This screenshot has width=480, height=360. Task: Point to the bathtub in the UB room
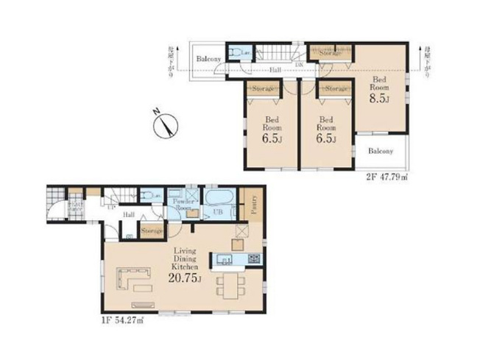219,199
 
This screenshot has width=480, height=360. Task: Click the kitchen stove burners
253,258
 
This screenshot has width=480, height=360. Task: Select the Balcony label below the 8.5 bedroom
381,151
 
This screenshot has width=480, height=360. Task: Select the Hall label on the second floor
275,70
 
